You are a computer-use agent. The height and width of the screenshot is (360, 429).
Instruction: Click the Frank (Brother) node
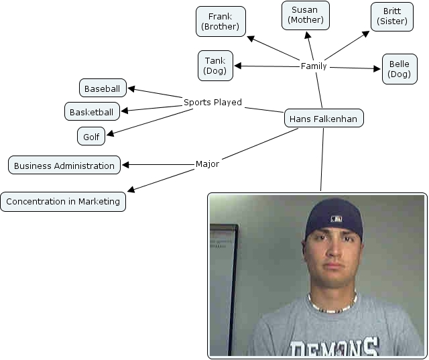pos(221,21)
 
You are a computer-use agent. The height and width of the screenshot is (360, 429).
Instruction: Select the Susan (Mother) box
pos(306,15)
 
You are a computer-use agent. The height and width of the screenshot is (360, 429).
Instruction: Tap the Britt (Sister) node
pos(392,17)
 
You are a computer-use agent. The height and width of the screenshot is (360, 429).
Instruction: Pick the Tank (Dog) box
pos(215,65)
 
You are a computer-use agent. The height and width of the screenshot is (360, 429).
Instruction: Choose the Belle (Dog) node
pos(400,69)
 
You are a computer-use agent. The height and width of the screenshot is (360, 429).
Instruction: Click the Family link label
pos(314,66)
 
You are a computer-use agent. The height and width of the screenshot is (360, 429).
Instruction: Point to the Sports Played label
pos(212,103)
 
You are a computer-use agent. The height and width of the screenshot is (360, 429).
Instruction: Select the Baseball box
pos(103,88)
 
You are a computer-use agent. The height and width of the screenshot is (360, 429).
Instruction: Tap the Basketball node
pos(91,111)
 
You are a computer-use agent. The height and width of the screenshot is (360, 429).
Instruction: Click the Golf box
pos(91,137)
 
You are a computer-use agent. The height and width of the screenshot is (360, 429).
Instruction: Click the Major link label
pos(207,164)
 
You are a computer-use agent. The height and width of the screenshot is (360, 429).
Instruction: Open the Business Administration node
pos(64,166)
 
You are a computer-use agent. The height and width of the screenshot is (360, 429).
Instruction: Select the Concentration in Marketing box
pos(63,201)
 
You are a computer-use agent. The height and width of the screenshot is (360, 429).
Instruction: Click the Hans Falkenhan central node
pos(324,119)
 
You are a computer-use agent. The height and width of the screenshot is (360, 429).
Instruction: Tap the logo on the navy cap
pos(335,219)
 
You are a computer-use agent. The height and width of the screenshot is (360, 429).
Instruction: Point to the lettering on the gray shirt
pos(334,347)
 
